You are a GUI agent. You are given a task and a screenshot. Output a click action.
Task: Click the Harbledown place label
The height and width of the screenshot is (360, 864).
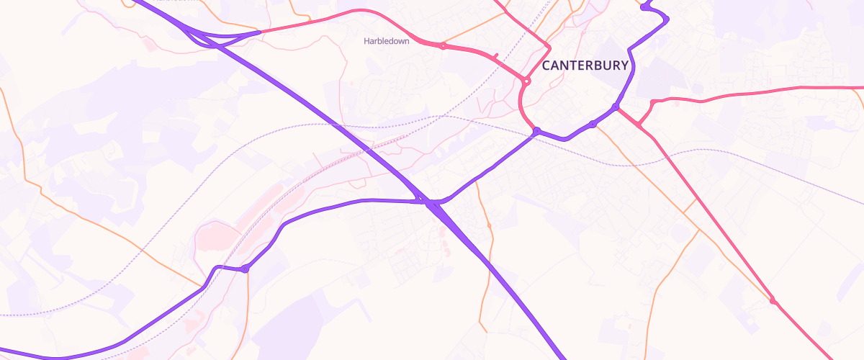386,41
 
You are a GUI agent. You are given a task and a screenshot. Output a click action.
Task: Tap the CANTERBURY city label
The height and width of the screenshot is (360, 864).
585,66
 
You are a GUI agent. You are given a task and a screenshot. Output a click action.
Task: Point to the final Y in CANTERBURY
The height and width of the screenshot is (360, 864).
624,66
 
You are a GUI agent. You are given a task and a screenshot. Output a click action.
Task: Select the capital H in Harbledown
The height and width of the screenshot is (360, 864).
366,41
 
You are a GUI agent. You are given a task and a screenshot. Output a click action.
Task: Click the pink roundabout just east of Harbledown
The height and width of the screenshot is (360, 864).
443,46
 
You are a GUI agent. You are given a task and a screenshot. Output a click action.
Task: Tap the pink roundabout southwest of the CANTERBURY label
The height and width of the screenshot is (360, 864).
527,82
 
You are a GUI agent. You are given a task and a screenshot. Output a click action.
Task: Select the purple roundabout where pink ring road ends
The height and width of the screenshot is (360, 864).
536,130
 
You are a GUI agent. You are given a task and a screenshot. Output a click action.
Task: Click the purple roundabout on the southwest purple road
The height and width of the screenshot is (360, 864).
245,269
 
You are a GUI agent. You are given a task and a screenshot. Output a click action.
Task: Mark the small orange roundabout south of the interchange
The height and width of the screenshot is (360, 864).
489,225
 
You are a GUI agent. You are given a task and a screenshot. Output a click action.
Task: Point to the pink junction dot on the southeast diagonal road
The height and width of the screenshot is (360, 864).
773,301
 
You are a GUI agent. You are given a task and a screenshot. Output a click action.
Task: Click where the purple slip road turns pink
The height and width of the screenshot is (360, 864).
259,32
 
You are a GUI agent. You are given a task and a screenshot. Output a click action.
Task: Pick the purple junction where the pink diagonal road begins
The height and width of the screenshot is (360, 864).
615,107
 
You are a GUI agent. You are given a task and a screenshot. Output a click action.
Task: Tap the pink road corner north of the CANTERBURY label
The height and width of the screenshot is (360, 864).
549,48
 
